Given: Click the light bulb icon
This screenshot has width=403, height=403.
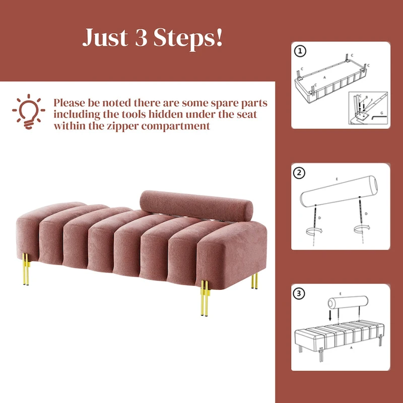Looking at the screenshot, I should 28,109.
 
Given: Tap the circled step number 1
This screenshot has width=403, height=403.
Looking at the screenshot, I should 300,51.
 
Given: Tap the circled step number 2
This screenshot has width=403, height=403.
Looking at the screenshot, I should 300,173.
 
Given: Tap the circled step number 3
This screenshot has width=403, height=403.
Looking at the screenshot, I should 300,294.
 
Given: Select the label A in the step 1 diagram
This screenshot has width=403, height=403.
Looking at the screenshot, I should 325,78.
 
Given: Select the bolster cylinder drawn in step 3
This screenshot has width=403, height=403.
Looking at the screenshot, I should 348,303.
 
